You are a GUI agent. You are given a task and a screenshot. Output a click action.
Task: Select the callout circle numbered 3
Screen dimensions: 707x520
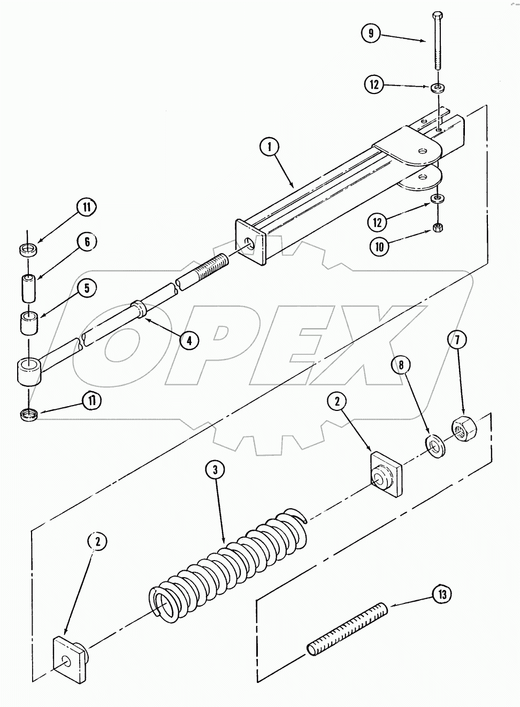tap(216, 470)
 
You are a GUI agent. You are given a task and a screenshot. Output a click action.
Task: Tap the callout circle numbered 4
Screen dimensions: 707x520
tap(189, 339)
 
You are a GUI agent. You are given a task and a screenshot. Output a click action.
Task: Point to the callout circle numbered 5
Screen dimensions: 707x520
tap(87, 288)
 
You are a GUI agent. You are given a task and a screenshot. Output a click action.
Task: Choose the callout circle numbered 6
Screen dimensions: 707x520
tap(87, 242)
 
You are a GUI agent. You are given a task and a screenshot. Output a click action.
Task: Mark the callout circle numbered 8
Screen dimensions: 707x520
tap(401, 366)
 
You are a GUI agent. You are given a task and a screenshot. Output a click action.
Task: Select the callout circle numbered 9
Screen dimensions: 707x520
tap(371, 33)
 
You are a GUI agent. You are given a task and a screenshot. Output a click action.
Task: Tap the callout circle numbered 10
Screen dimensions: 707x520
tap(380, 246)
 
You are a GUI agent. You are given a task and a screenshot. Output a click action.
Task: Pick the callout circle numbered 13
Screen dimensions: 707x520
tap(443, 594)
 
